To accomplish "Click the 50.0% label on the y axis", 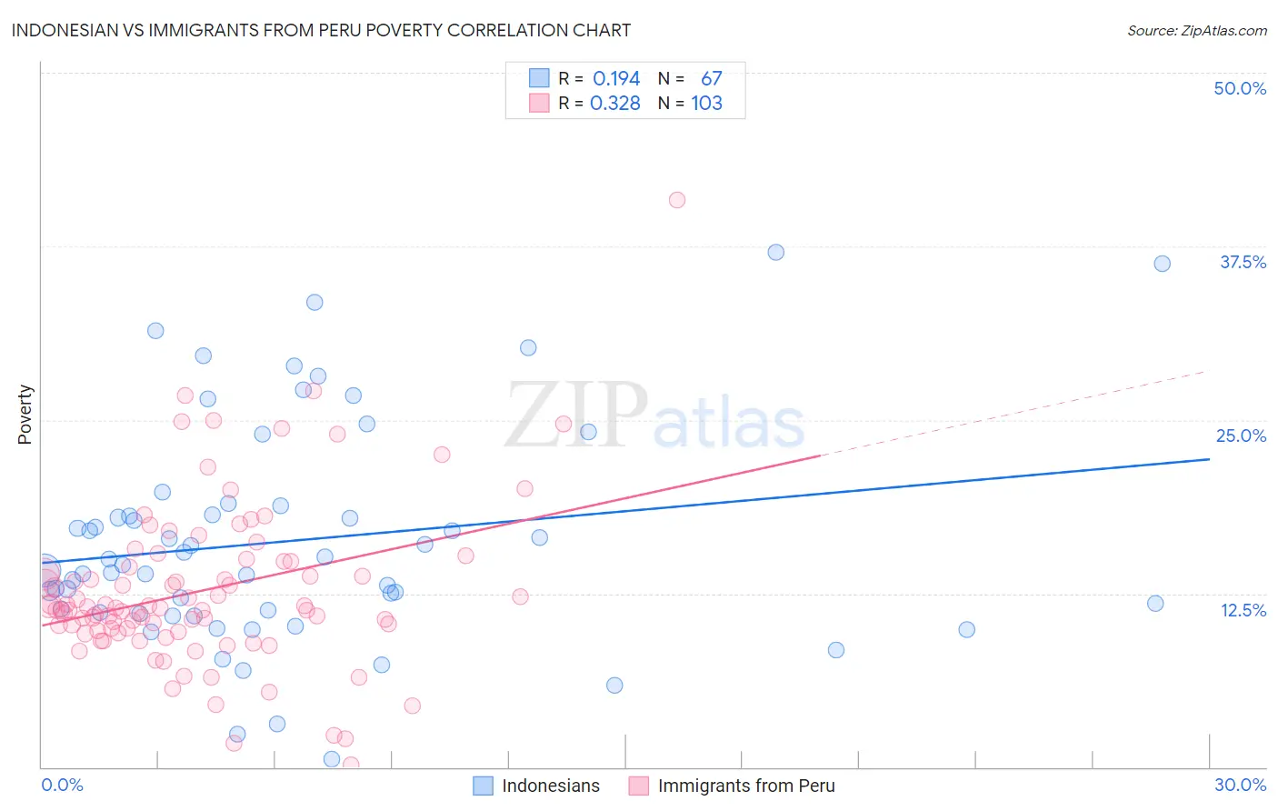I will pyautogui.click(x=1240, y=88).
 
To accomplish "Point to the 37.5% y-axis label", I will pyautogui.click(x=1243, y=262).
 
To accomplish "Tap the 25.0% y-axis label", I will pyautogui.click(x=1241, y=436).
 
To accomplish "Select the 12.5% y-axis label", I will pyautogui.click(x=1243, y=610).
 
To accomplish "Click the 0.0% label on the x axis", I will pyautogui.click(x=62, y=785).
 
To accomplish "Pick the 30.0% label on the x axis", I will pyautogui.click(x=1240, y=785).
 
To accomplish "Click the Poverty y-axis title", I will pyautogui.click(x=25, y=415).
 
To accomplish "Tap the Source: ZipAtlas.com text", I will pyautogui.click(x=1196, y=30).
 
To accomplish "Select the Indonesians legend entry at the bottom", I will pyautogui.click(x=550, y=786).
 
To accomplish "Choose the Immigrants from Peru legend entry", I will pyautogui.click(x=745, y=786).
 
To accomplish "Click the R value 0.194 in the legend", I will pyautogui.click(x=616, y=79).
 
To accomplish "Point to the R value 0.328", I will pyautogui.click(x=615, y=104).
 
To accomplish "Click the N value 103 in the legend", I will pyautogui.click(x=706, y=104).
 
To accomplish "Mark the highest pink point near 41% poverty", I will pyautogui.click(x=677, y=200).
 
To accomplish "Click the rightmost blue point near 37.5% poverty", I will pyautogui.click(x=1162, y=264).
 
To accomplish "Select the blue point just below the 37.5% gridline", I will pyautogui.click(x=775, y=252).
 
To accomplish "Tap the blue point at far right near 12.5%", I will pyautogui.click(x=1155, y=604).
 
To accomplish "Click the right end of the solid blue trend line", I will pyautogui.click(x=1209, y=459).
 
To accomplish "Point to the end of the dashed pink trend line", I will pyautogui.click(x=1207, y=371).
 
